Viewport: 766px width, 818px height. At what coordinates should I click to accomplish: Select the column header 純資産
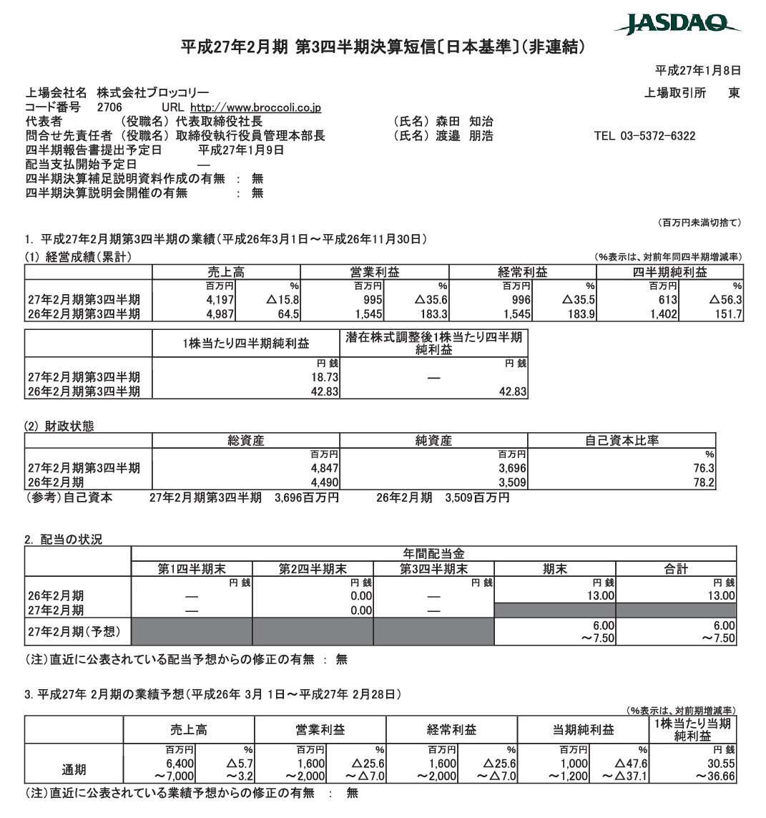pos(433,441)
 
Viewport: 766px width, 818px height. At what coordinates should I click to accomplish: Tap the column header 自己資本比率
pos(622,441)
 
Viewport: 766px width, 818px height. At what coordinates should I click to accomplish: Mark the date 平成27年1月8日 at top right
pos(697,70)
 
